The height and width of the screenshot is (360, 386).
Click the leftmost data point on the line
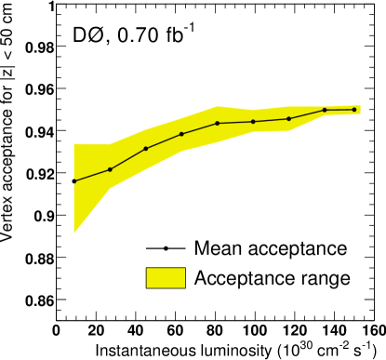pos(74,180)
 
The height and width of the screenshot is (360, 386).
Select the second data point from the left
pos(110,169)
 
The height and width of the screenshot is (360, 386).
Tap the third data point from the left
pos(146,149)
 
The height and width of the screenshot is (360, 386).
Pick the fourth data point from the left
pos(181,134)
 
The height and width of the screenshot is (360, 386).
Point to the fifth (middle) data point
pos(218,123)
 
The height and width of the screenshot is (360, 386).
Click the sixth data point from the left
pos(253,122)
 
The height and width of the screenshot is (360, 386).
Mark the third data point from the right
pos(289,118)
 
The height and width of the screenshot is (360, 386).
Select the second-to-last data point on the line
pos(325,110)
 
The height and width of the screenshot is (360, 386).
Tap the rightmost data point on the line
pos(354,110)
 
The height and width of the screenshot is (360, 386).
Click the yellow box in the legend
pos(166,277)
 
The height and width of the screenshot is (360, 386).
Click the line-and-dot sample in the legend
pos(166,249)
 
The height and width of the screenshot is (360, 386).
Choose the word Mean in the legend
pos(216,249)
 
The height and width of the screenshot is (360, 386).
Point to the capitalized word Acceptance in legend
pos(241,278)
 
